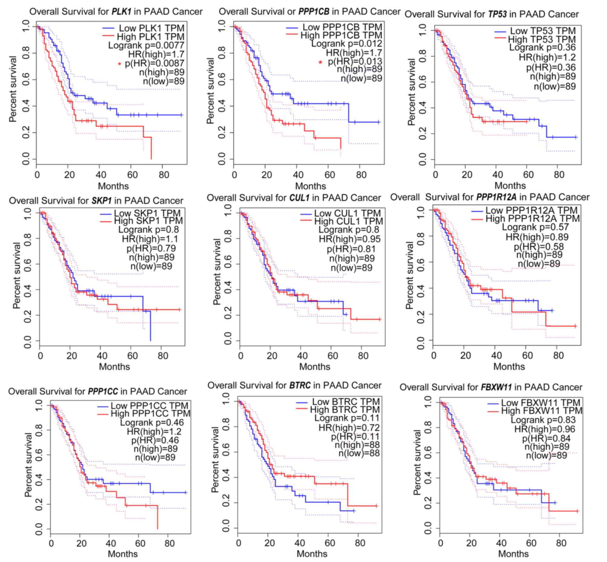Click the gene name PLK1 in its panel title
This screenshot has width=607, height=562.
[x=121, y=11]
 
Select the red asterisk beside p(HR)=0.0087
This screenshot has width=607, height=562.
[x=120, y=64]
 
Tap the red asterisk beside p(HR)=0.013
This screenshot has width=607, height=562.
[x=320, y=62]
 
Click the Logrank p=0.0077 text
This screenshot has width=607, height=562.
[x=146, y=46]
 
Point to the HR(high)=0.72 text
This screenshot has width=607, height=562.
[x=349, y=428]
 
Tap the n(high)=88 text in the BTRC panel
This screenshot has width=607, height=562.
[x=357, y=445]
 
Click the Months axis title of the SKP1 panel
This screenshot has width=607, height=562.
[x=114, y=367]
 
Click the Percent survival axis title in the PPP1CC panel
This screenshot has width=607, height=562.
[x=29, y=465]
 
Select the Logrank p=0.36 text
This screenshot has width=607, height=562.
[x=542, y=47]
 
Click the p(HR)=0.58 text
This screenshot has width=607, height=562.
[x=539, y=247]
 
